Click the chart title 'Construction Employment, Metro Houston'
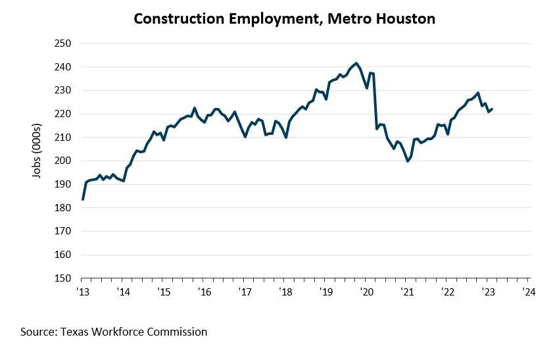pos(284,18)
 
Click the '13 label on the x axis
pos(83,292)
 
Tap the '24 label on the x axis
pos(528,292)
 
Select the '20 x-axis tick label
pos(366,292)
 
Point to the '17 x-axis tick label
pos(245,292)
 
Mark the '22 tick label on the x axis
pos(447,292)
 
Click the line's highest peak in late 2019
pos(356,63)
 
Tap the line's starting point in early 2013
pos(83,199)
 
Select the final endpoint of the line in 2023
pos(493,109)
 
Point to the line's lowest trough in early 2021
pos(408,161)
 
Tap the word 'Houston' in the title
pos(404,18)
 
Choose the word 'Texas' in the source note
pos(74,332)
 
